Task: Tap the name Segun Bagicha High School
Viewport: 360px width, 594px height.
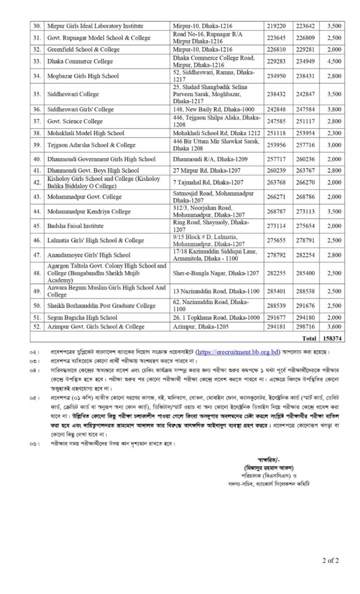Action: click(82, 317)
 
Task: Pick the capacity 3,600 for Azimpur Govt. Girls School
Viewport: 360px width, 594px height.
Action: click(333, 327)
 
